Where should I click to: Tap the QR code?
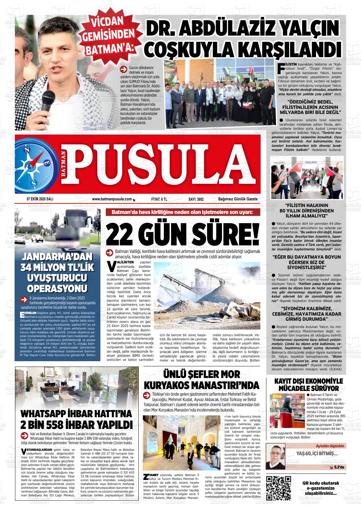coord(279,488)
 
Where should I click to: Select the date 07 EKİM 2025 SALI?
coord(40,199)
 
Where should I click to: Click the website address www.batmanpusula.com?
coord(112,199)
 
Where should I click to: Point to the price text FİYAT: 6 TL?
coord(159,199)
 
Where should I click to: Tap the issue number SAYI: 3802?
coord(196,199)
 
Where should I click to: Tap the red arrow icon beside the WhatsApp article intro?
coord(23,435)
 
